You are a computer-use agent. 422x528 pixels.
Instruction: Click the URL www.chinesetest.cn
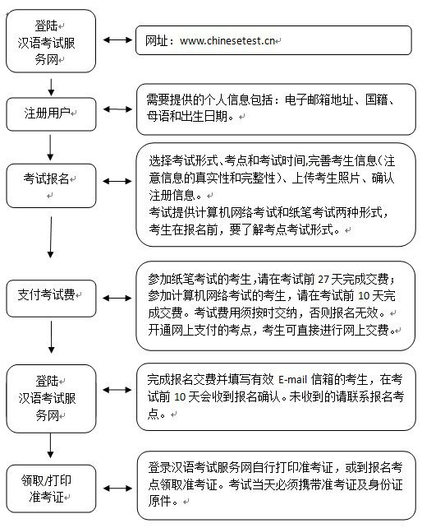point(227,41)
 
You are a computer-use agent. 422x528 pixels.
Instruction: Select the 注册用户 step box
point(51,114)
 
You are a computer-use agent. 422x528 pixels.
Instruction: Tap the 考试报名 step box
point(51,186)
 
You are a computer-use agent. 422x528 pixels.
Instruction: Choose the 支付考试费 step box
point(51,299)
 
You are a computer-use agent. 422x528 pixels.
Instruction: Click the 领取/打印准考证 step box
point(51,489)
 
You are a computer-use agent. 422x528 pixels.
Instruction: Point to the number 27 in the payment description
point(323,279)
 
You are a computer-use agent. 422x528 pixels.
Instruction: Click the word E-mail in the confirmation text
point(292,380)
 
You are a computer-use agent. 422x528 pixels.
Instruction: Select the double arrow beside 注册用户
point(117,109)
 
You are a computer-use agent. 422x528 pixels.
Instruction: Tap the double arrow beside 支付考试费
point(117,298)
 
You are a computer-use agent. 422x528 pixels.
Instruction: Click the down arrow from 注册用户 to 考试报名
point(50,148)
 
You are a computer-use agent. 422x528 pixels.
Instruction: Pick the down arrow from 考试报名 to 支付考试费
point(50,237)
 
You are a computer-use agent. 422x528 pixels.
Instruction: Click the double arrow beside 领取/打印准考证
point(117,489)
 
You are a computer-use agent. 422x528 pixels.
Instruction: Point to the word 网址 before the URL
point(156,41)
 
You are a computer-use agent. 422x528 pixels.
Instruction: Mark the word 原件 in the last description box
point(159,501)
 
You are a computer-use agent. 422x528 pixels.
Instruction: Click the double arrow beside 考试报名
point(117,181)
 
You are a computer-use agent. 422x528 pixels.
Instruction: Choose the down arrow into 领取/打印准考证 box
point(50,446)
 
